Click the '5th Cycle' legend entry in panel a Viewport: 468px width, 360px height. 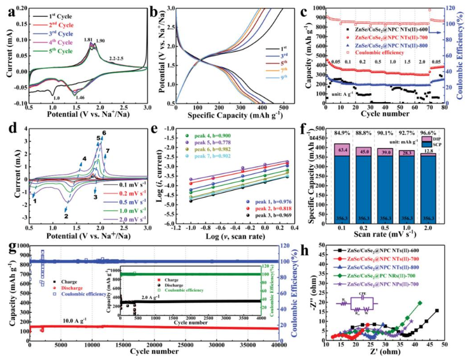tap(55, 51)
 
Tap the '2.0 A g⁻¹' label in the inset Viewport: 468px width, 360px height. tap(152, 297)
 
